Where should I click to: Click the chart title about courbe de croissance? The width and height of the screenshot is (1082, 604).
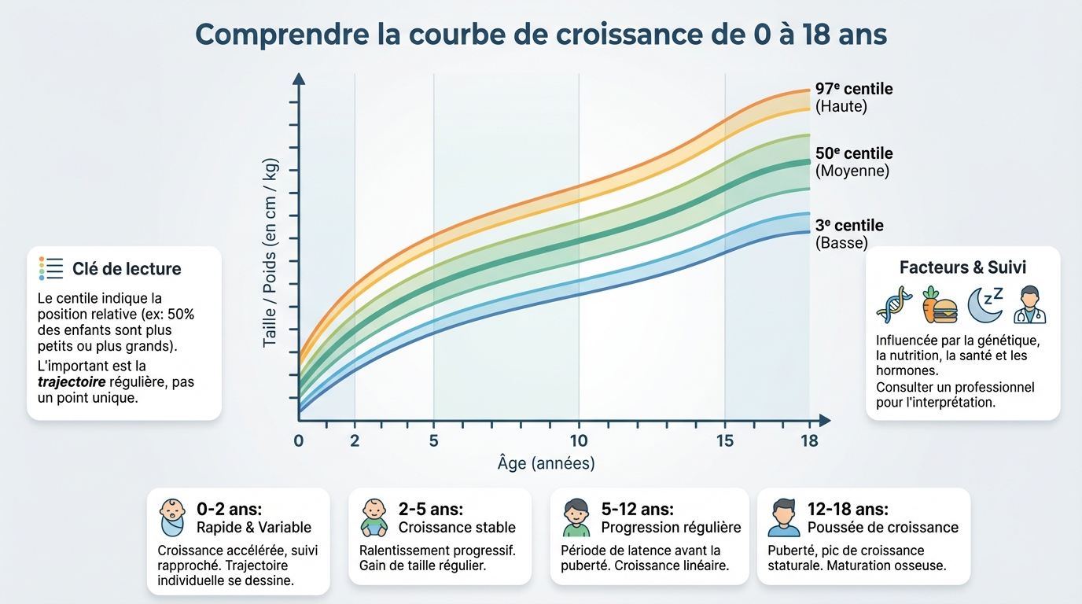tap(541, 35)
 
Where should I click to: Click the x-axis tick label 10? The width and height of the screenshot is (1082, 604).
tap(579, 440)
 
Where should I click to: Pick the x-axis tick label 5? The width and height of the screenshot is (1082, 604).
tap(433, 440)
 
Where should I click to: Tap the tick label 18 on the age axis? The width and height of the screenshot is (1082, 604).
tap(809, 440)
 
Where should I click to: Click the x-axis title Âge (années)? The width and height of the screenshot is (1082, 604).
tap(546, 463)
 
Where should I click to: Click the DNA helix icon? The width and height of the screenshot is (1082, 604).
tap(894, 304)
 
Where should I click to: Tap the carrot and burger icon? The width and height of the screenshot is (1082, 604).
tap(939, 304)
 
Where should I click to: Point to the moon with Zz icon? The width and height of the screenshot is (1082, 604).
tap(984, 304)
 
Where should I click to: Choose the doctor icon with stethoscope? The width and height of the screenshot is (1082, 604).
tap(1029, 305)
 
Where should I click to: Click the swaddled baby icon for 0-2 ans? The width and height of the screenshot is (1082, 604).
tap(172, 517)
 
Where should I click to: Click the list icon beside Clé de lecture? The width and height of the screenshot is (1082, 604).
tap(50, 268)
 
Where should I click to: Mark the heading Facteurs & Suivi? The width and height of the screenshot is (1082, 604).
tap(962, 267)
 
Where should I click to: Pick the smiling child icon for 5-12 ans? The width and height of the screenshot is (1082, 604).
tap(576, 517)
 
